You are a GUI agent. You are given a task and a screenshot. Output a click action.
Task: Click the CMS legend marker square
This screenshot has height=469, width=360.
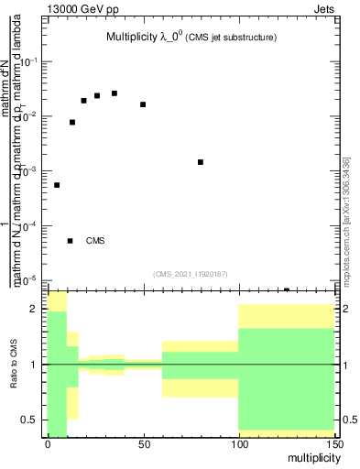point(70,241)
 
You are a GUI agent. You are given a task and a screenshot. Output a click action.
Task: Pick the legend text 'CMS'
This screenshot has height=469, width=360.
point(95,242)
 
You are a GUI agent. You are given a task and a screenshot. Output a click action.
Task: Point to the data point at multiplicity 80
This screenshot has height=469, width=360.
point(201,162)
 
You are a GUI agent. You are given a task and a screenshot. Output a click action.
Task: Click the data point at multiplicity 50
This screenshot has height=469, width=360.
point(143,104)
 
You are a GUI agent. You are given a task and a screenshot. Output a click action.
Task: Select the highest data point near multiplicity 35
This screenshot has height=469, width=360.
point(115,93)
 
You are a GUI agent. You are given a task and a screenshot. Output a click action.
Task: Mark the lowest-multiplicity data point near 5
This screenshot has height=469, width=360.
point(57,185)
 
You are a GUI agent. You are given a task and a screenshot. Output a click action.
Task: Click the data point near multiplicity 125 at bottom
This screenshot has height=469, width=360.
point(287,289)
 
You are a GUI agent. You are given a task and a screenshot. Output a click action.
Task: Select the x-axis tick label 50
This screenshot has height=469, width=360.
point(143,445)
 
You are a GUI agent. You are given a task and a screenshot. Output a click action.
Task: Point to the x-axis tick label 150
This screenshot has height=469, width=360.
point(334,445)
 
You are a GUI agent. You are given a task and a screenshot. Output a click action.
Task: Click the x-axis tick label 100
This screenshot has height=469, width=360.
point(238,445)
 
